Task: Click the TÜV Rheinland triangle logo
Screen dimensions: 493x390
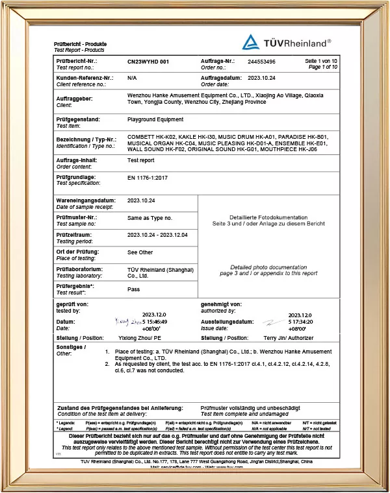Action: point(251,43)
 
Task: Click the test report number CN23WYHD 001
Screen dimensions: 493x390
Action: point(148,61)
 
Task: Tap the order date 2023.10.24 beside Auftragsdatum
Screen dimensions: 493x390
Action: point(263,77)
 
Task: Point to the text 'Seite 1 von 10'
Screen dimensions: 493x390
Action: point(321,61)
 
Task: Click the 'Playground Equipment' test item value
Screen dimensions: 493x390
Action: point(155,119)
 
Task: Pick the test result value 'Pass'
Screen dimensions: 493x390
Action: point(134,289)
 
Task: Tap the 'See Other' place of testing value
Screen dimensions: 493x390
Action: point(140,252)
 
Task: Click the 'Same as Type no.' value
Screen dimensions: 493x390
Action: point(150,219)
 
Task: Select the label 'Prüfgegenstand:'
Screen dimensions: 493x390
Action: point(79,120)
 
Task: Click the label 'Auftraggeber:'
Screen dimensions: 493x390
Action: point(75,99)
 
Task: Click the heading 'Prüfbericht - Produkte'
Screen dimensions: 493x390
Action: point(80,43)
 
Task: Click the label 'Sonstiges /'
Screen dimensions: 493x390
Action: point(71,348)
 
